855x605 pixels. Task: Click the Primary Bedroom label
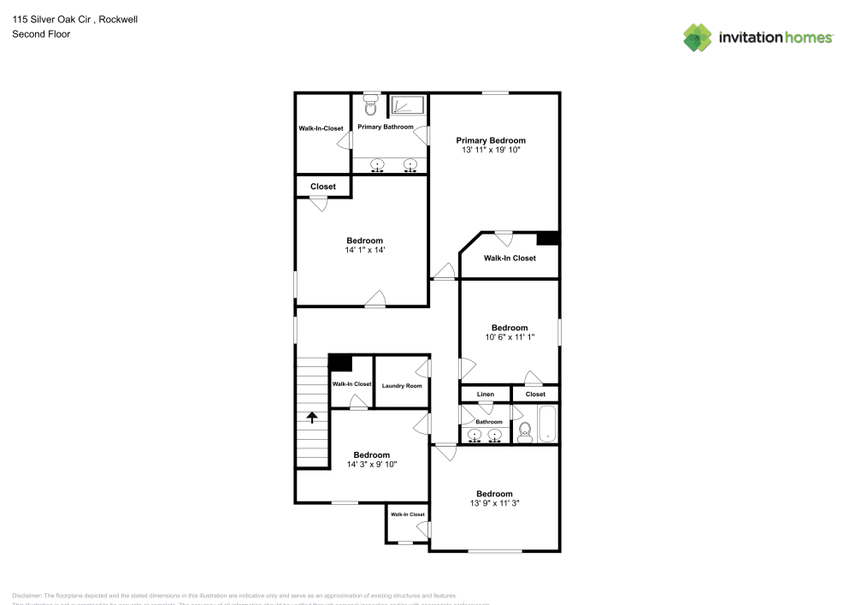[490, 140]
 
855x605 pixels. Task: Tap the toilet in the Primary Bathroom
[370, 107]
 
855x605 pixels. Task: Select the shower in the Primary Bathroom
[407, 106]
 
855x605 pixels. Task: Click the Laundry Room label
[402, 386]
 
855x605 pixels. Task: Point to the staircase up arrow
[312, 418]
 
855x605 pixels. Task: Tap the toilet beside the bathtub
[525, 431]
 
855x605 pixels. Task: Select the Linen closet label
[485, 394]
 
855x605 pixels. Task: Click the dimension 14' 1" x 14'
[364, 251]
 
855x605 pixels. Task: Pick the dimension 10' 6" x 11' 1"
[509, 338]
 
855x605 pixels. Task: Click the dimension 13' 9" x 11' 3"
[494, 504]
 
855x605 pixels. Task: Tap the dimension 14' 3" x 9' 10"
[372, 465]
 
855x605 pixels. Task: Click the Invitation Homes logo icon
[697, 38]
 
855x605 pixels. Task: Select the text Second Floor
[41, 34]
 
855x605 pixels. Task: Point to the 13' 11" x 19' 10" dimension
[491, 150]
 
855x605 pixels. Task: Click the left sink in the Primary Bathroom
[377, 164]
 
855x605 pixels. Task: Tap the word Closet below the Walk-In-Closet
[323, 187]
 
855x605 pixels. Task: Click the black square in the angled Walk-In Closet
[547, 239]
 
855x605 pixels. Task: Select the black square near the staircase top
[340, 362]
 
